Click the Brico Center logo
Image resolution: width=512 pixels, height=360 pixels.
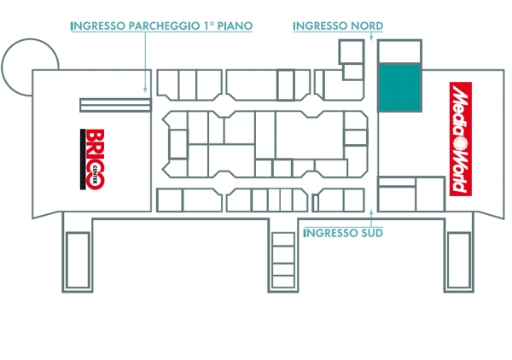coord(92,159)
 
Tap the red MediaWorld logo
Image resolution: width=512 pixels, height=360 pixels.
coord(461,139)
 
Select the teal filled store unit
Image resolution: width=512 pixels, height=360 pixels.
coord(399,88)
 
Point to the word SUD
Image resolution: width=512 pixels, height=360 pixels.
coord(371,233)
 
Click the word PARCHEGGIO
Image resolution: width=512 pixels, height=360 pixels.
coord(164,26)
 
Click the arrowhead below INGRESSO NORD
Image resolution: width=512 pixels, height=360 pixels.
coord(371,38)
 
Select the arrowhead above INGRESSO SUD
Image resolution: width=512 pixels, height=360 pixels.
coord(371,212)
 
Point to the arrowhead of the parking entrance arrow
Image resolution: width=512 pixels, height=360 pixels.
coord(145,90)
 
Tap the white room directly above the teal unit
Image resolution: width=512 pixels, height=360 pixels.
coord(399,51)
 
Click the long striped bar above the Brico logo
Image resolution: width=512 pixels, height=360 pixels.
coord(115,105)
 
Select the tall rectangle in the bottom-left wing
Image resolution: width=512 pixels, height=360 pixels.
coord(78,260)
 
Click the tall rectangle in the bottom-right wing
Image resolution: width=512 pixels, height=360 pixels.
coord(459,260)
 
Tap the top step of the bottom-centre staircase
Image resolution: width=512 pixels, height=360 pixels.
coord(283,239)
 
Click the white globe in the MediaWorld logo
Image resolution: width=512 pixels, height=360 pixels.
coord(461,143)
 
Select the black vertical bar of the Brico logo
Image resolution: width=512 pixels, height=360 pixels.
coord(83,159)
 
